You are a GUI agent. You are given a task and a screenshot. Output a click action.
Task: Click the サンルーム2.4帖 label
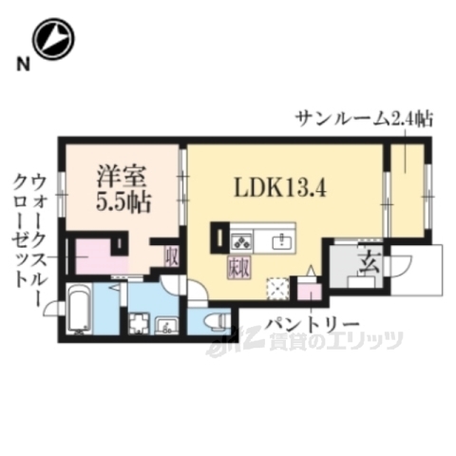coord(364,119)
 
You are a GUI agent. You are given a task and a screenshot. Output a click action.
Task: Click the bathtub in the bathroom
coord(78,313)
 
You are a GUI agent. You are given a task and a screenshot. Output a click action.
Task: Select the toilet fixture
coord(211,319)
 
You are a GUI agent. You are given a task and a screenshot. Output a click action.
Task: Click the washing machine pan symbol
coord(139,323)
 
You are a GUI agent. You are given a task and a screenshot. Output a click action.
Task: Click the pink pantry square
coord(310,289)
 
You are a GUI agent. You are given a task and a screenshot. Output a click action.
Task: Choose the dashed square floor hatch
coord(277,287)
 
